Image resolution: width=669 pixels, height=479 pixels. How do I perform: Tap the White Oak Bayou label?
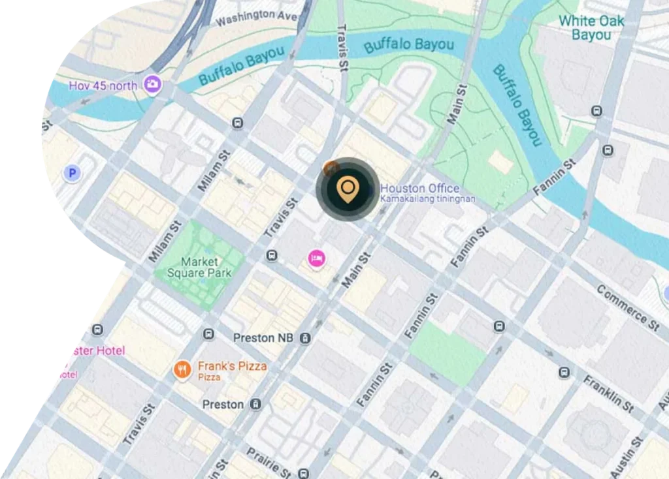click(x=591, y=27)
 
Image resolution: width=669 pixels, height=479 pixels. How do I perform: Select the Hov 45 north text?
click(x=103, y=85)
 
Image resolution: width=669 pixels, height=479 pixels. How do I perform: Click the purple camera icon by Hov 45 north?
click(x=153, y=84)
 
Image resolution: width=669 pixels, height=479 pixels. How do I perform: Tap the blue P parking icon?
click(x=72, y=173)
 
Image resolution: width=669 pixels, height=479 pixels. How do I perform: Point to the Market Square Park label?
click(x=200, y=268)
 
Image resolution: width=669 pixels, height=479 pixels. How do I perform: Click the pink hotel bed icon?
click(x=317, y=258)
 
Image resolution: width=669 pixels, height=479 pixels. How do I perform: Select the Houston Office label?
click(x=420, y=188)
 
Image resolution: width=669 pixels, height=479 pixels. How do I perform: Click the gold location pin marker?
click(x=348, y=189)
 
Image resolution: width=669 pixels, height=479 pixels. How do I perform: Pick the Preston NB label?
click(x=263, y=338)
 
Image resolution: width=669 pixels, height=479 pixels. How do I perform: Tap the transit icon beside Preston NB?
click(x=305, y=338)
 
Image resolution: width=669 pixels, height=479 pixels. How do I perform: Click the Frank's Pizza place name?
click(x=233, y=366)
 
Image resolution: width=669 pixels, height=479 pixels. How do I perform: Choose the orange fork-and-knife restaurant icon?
click(x=182, y=371)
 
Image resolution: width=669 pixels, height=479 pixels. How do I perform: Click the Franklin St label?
click(x=608, y=393)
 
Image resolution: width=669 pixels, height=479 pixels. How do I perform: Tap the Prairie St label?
click(x=269, y=461)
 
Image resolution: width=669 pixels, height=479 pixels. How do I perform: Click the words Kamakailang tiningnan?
click(x=427, y=198)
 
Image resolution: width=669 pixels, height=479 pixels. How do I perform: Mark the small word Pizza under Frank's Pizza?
click(x=209, y=378)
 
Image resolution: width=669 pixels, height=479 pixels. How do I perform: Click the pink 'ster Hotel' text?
click(x=95, y=350)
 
